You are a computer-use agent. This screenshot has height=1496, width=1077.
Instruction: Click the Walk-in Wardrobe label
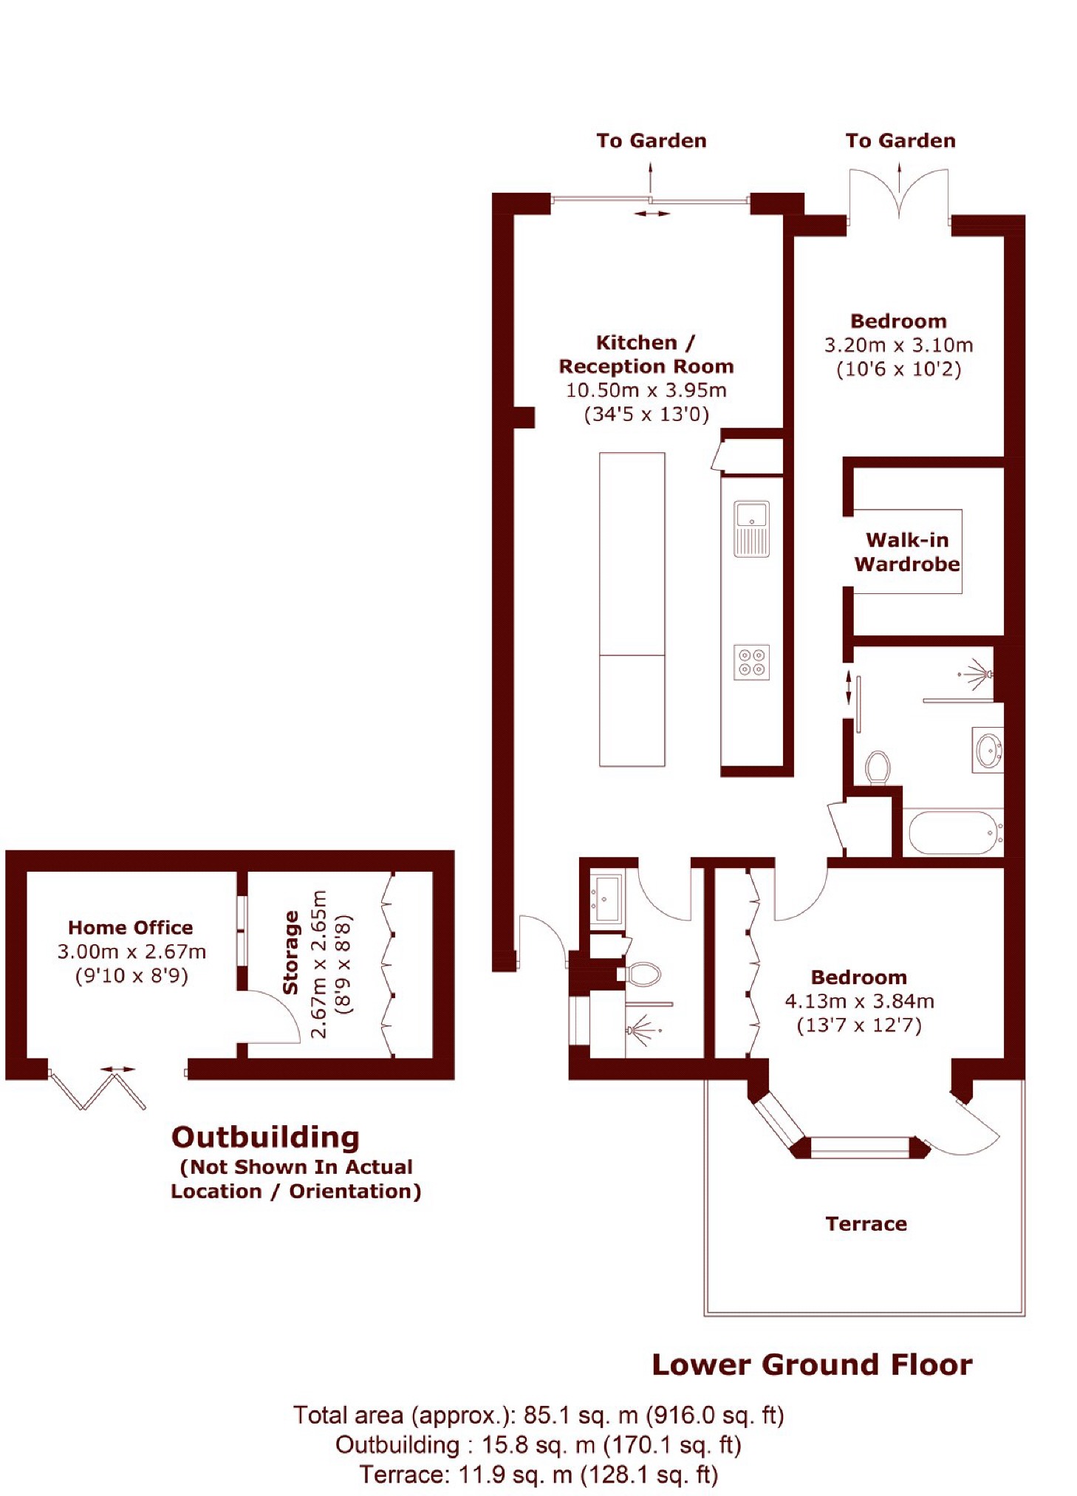[906, 552]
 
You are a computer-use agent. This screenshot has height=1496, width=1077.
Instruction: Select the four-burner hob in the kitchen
[751, 662]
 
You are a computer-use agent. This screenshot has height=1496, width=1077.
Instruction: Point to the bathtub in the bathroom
[952, 833]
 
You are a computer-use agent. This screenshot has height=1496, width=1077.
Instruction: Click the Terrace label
[866, 1224]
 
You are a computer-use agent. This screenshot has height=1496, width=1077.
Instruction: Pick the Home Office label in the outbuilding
[131, 928]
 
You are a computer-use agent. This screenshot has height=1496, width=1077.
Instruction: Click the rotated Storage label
[291, 952]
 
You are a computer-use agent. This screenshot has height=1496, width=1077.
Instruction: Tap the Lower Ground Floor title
[812, 1364]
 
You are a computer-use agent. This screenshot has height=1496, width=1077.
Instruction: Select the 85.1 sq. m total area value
[581, 1415]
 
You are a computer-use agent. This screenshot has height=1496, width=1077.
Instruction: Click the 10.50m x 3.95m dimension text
[646, 390]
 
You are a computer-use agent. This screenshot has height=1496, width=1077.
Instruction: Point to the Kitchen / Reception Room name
[646, 355]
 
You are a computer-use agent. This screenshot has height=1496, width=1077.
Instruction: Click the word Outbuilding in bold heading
[265, 1137]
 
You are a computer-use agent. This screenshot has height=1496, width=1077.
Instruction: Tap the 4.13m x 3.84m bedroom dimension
[859, 1001]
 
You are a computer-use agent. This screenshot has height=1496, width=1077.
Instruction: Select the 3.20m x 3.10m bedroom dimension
[898, 345]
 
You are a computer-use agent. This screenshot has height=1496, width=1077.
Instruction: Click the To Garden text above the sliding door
[651, 141]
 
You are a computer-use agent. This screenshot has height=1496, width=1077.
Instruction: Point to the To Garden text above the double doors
[900, 141]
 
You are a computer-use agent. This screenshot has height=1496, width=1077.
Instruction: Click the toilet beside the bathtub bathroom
[878, 768]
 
